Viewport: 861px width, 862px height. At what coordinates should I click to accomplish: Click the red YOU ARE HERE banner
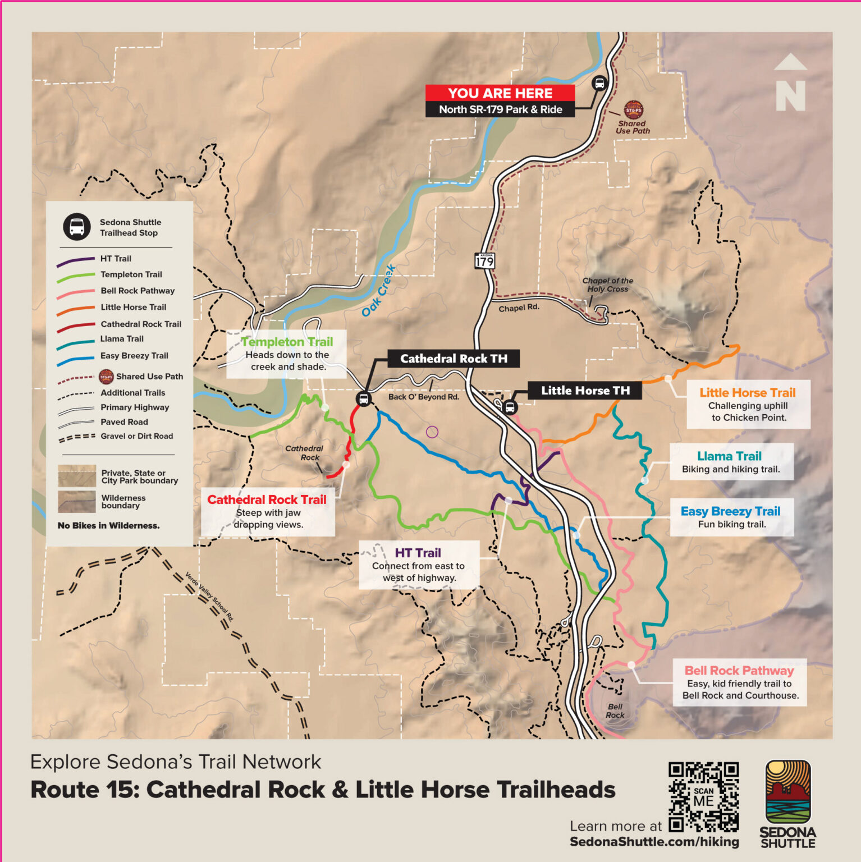tap(500, 93)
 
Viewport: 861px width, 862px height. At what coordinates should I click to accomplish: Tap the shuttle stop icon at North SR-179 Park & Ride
tap(599, 84)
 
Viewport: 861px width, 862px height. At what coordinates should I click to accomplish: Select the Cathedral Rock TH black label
tap(454, 359)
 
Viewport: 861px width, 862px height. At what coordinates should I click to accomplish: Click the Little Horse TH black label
tap(585, 391)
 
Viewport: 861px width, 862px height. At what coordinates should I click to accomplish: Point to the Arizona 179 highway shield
tap(485, 260)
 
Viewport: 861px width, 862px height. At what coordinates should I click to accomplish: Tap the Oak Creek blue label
tap(378, 291)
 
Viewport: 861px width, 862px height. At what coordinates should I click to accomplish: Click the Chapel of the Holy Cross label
tap(607, 285)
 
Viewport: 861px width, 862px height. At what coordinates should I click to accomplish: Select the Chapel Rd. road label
tap(519, 308)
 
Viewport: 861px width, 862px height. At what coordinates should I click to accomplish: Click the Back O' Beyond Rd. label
tap(423, 397)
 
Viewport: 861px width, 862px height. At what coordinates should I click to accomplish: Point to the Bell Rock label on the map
tap(615, 711)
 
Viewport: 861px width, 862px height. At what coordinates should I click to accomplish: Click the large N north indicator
tap(790, 84)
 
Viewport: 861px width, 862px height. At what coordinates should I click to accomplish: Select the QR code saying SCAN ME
tap(703, 796)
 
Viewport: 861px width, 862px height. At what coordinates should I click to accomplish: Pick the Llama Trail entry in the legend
tap(122, 339)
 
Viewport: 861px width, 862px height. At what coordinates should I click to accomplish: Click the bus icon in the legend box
tap(77, 227)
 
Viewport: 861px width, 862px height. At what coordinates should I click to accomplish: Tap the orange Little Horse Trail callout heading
tap(747, 393)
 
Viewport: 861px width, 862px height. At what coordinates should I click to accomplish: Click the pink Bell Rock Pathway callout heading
tap(739, 671)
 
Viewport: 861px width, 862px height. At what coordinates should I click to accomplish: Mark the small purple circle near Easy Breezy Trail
tap(432, 432)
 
